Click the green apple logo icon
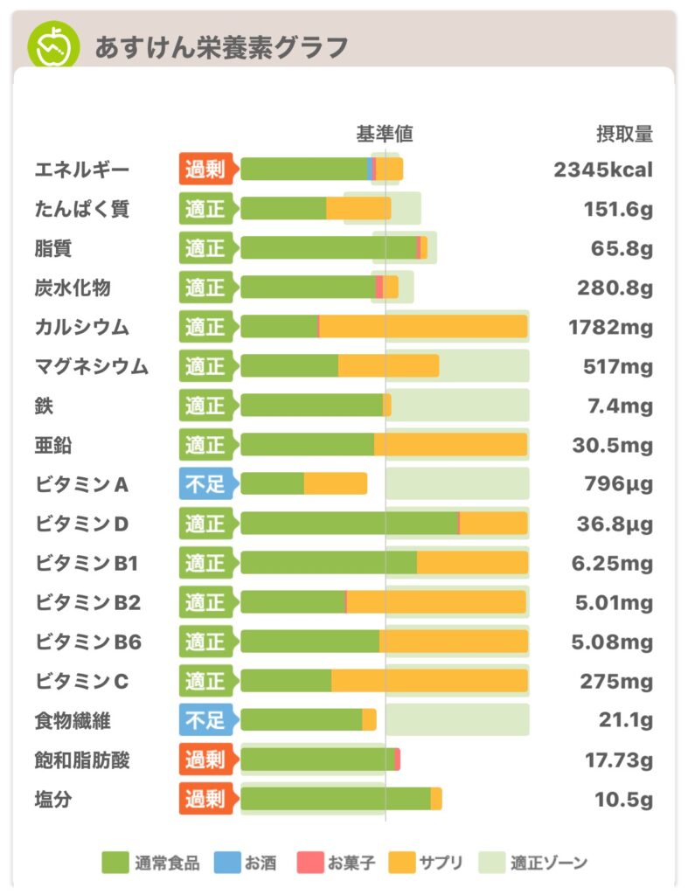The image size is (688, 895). coord(52,45)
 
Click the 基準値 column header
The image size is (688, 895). coord(385,134)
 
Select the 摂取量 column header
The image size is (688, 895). coord(624,134)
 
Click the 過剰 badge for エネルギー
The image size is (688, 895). coord(205,170)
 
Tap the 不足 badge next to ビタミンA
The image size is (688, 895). coord(205,484)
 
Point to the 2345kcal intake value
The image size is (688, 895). coord(603,170)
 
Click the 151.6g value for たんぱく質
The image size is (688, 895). coord(618,209)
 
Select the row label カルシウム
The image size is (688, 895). coord(82,327)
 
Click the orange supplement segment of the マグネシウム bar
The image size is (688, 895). coord(388,366)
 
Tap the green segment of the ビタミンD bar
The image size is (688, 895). coord(349,524)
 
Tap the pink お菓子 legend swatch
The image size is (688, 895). coord(309,863)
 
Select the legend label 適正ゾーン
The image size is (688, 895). coord(550,864)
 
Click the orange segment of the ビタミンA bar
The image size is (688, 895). coord(336,484)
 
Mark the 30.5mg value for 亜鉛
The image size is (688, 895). coord(613,445)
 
